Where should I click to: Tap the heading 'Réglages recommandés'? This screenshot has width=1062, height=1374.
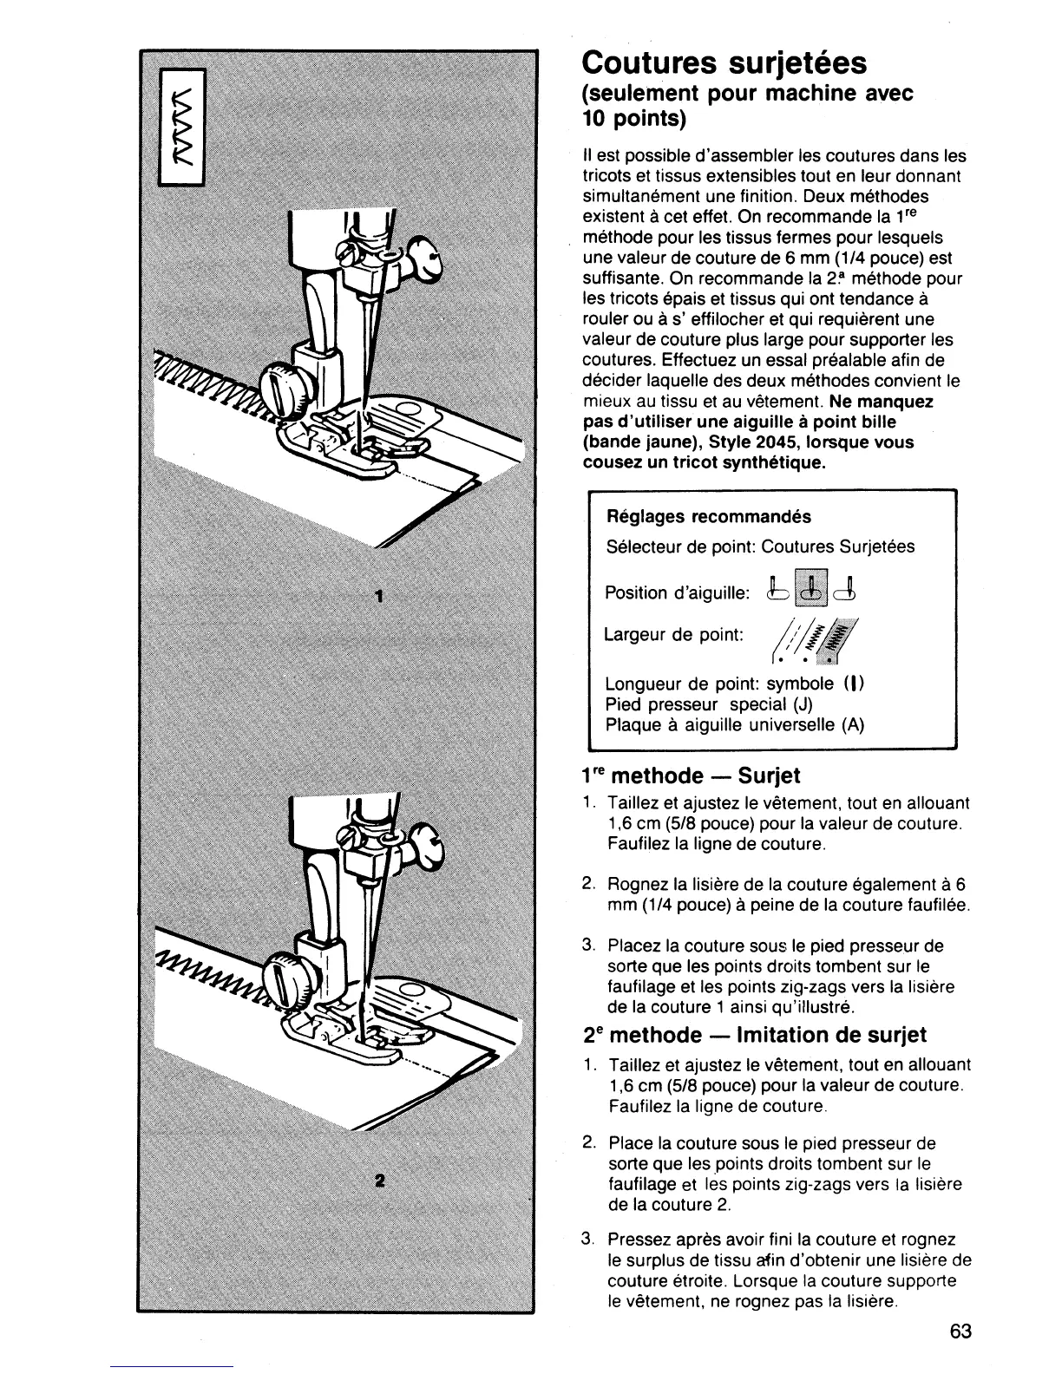pos(708,517)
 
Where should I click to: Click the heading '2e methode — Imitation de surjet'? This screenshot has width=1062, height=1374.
pos(754,1035)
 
